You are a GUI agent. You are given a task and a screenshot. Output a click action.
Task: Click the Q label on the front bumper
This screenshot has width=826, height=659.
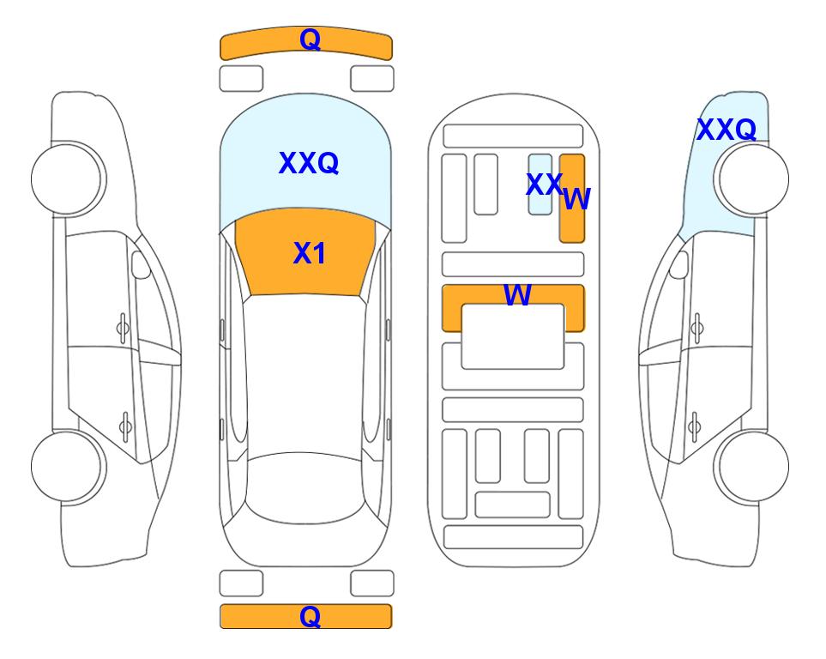310,39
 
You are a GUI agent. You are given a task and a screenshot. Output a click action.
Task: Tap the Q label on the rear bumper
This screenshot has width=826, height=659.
310,616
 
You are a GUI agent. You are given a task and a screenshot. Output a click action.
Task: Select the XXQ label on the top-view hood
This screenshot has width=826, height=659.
309,163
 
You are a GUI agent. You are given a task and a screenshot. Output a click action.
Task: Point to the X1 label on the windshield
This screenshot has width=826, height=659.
310,253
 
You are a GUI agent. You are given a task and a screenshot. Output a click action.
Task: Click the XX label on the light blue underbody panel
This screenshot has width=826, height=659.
544,184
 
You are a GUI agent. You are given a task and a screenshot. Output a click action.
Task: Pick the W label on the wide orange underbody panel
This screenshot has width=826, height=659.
517,294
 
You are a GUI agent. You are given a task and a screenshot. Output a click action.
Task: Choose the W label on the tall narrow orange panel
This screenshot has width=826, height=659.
577,199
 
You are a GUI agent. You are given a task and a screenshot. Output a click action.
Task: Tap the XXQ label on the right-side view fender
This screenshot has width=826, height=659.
727,130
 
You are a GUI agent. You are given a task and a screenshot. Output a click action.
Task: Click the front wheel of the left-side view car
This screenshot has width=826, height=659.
67,178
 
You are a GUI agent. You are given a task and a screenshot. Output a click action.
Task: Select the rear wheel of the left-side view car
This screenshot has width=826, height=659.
67,467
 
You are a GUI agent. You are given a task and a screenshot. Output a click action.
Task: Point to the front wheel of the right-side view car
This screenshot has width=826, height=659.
753,178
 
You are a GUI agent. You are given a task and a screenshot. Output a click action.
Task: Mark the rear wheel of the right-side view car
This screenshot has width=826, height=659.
753,466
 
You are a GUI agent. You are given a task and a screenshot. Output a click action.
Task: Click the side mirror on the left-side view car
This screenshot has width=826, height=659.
141,264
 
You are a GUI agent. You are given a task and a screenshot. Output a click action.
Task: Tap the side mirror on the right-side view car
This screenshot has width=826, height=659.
679,264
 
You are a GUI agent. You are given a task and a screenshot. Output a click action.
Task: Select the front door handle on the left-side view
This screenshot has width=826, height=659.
123,329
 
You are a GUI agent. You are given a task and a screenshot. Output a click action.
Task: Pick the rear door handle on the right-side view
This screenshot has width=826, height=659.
696,426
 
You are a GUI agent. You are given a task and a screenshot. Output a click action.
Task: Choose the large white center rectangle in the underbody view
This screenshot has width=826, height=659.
513,336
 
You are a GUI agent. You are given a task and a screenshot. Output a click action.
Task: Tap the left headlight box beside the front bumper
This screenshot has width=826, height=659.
241,79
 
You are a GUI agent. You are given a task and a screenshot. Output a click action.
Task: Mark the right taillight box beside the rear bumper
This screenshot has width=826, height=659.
372,583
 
